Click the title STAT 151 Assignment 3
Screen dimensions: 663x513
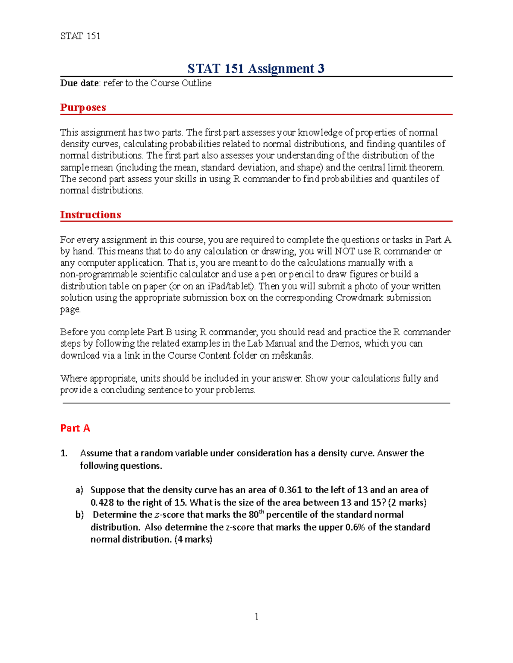click(256, 69)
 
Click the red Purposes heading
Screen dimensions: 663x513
click(83, 108)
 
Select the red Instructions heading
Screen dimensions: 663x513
click(90, 215)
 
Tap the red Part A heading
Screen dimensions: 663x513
click(75, 428)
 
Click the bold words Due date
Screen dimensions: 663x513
click(80, 83)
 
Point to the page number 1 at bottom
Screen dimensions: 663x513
click(256, 616)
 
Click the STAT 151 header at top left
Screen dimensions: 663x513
click(80, 36)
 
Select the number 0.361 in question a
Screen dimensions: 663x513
click(290, 490)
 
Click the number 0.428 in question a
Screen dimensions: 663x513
click(102, 502)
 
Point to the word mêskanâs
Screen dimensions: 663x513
click(292, 356)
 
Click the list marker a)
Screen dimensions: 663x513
click(80, 490)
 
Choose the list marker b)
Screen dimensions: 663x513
click(80, 515)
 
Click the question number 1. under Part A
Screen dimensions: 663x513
click(64, 453)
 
